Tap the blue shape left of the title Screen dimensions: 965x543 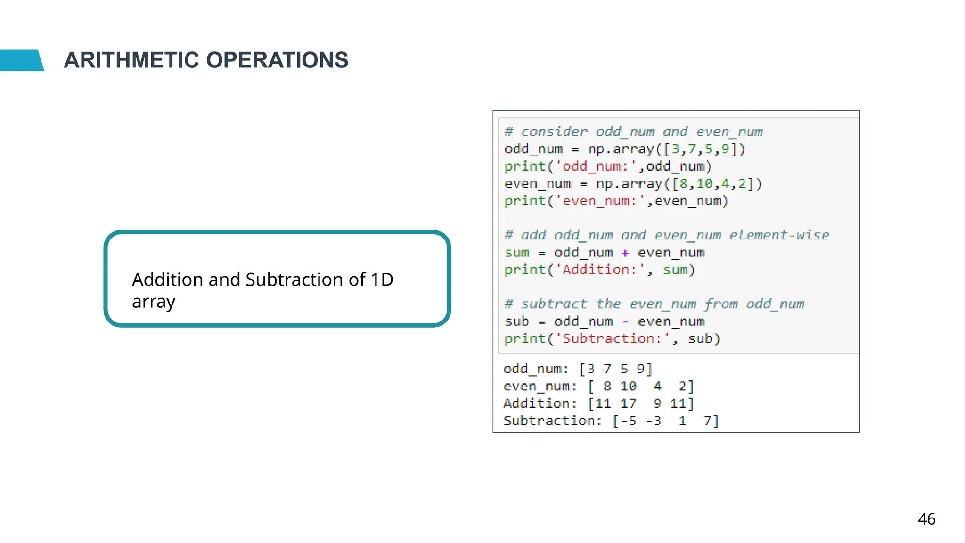(21, 60)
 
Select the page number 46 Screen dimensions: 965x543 (926, 519)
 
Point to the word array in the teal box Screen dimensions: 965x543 (154, 302)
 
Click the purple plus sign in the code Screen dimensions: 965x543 (625, 253)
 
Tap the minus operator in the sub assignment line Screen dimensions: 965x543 (625, 322)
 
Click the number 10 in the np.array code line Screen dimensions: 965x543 (704, 183)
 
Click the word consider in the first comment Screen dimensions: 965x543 (554, 132)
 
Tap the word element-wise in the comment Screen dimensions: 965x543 (779, 235)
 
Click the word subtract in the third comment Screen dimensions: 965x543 (554, 304)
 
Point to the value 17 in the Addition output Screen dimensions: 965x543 (628, 403)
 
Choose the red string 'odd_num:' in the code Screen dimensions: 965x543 (596, 166)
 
